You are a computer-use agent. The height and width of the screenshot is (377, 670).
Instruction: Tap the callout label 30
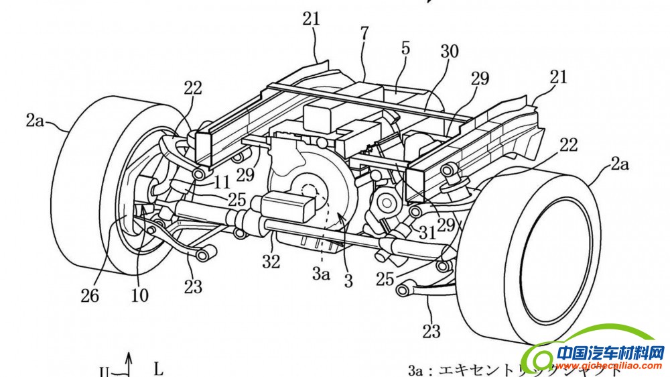(450, 51)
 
